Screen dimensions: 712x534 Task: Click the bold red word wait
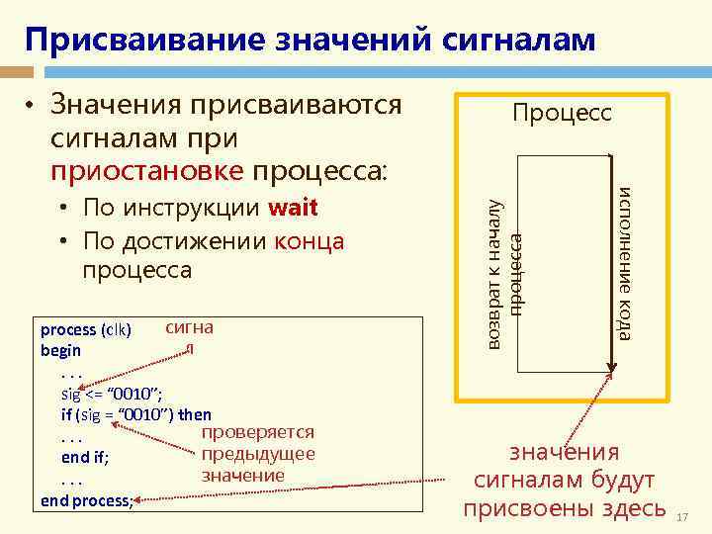[293, 209]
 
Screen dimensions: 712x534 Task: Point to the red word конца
[310, 240]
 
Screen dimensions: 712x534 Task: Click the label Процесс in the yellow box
[561, 113]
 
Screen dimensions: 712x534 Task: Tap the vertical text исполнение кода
[624, 262]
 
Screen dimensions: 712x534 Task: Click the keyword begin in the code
[61, 350]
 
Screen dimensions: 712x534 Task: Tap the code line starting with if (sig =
[135, 414]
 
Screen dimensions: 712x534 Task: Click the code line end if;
[85, 457]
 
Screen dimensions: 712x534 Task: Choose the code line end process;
[87, 499]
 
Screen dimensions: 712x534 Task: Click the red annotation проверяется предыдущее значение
[257, 454]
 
